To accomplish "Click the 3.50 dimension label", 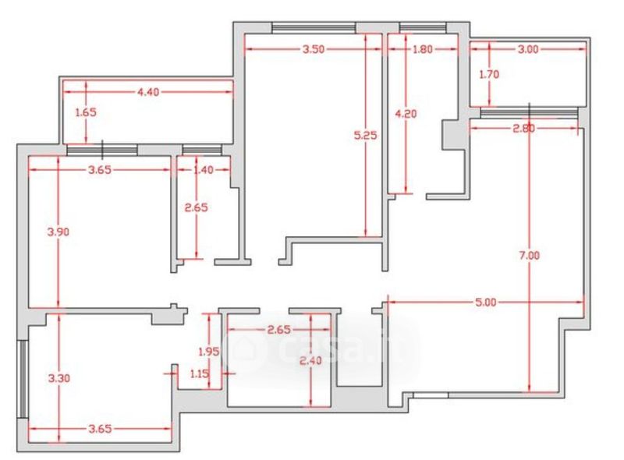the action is (313, 49).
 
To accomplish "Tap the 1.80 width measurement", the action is (422, 49).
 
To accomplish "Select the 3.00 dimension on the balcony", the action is (528, 49).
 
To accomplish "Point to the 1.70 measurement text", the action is (489, 75).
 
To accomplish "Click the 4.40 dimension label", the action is (148, 92).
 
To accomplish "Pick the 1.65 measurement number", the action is (85, 112).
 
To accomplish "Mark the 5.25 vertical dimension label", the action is (365, 135).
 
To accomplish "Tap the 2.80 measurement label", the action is (523, 129).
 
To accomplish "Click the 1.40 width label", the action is (202, 168).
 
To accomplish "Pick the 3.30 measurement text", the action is (58, 378).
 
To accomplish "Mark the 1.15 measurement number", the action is (200, 373).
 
